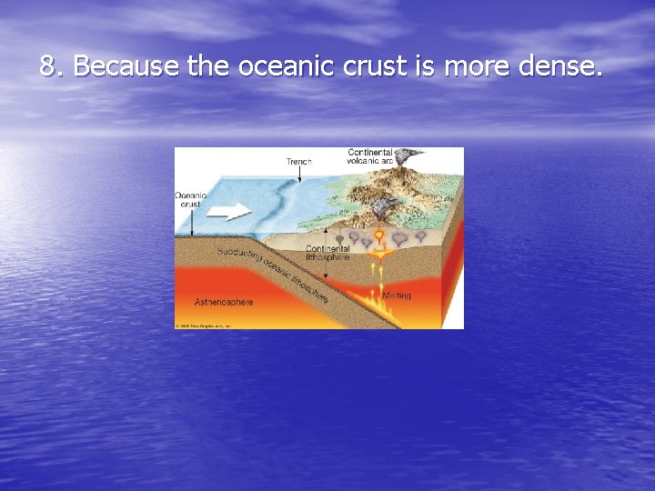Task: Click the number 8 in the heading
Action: (48, 66)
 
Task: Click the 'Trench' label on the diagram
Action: (299, 161)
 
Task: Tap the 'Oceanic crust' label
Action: (191, 199)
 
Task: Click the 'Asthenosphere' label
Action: (224, 301)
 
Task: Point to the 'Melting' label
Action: (396, 296)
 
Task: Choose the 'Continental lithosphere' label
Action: (327, 254)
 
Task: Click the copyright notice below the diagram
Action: (205, 325)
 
